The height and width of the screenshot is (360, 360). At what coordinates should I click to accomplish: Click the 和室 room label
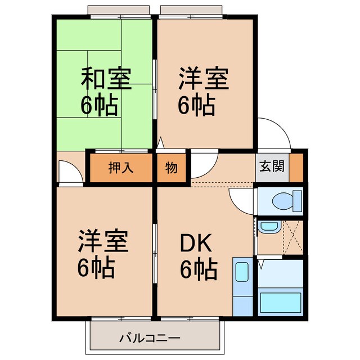click(x=107, y=79)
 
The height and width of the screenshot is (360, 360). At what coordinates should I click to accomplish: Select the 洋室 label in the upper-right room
click(x=204, y=79)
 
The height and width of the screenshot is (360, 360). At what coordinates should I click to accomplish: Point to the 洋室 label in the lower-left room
click(x=103, y=242)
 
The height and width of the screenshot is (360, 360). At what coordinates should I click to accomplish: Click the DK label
click(x=196, y=244)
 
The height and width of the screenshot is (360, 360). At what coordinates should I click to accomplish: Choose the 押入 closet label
click(x=120, y=168)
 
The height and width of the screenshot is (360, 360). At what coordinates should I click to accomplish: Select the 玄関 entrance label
click(x=272, y=167)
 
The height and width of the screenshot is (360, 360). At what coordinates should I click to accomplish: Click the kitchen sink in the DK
click(x=242, y=273)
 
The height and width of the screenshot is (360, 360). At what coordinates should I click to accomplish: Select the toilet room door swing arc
click(x=240, y=200)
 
